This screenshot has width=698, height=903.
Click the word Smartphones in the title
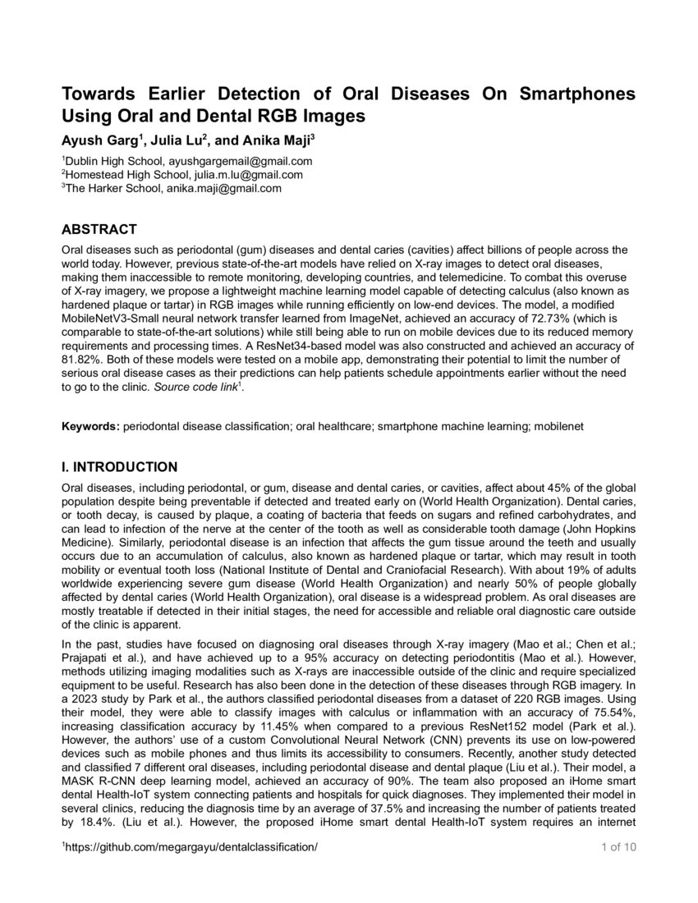pos(578,93)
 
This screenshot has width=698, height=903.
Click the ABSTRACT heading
pos(99,229)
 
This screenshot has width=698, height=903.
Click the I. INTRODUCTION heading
pos(120,468)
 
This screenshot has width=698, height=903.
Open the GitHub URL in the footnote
pos(191,870)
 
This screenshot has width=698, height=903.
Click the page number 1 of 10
pos(613,870)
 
